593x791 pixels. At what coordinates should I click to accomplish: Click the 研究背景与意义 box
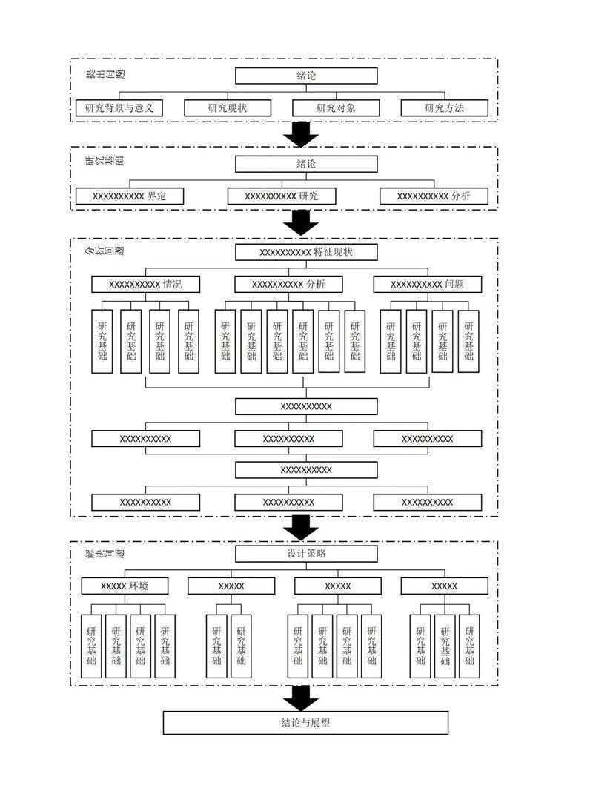tap(119, 108)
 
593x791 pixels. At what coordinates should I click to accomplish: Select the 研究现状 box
tap(227, 108)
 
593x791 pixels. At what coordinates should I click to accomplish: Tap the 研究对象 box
tap(336, 108)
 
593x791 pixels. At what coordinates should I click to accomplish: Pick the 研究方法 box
tap(445, 108)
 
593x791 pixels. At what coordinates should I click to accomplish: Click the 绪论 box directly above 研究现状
tap(306, 76)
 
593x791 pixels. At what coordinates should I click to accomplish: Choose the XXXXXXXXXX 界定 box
tap(130, 196)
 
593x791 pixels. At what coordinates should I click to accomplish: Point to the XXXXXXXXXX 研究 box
tap(281, 196)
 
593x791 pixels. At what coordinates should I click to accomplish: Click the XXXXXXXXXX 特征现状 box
tap(306, 252)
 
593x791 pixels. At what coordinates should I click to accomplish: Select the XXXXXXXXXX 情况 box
tap(145, 284)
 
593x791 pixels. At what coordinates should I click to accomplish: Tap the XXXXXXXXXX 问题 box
tap(427, 284)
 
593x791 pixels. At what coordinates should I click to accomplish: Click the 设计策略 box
tap(306, 555)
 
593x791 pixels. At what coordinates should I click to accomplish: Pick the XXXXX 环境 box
tap(125, 586)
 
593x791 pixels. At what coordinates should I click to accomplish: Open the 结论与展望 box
tap(305, 722)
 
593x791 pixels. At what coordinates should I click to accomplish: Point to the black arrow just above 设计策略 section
tap(301, 528)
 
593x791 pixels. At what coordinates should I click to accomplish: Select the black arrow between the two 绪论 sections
tap(301, 134)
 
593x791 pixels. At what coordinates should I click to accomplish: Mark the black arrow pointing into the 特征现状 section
tap(301, 223)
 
